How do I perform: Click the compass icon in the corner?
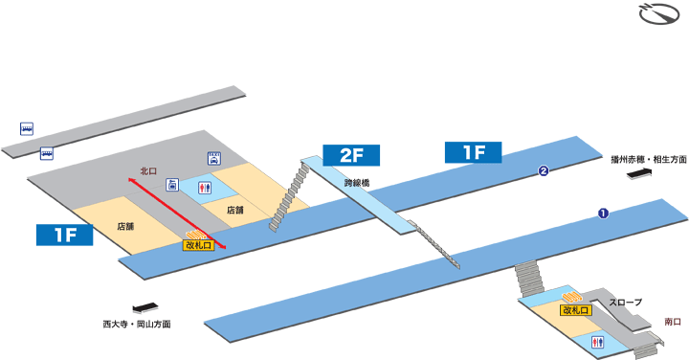pos(657,17)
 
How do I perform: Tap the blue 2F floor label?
pos(351,154)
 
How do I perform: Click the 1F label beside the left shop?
pos(64,235)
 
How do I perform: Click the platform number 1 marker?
pos(604,213)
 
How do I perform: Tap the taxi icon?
pos(214,161)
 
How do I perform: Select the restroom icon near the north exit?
pos(203,189)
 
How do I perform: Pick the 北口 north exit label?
pos(147,171)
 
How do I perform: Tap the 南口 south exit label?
pos(672,322)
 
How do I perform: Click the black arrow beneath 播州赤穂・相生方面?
pos(638,172)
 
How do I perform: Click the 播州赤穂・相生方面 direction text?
pos(650,159)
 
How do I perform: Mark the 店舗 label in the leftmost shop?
pos(124,227)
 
